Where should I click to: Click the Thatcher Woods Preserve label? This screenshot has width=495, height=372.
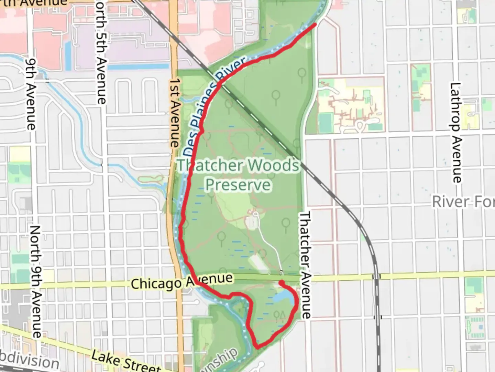pos(239,175)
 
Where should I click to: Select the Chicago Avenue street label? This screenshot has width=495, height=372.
pos(181,282)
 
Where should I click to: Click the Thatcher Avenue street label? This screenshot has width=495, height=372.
pos(305,265)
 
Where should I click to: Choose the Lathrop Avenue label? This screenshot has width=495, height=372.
pos(456,133)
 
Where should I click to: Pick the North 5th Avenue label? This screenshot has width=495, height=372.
pos(101,52)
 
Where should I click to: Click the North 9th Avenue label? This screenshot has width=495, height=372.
pos(36,281)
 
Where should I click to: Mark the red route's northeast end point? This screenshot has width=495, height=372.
pos(315,24)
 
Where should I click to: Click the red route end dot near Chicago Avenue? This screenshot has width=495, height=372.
pos(281,283)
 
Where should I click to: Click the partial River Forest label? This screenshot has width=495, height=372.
pos(463,202)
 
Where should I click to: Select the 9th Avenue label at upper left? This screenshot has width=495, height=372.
pos(31,93)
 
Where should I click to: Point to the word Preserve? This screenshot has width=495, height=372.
pos(239,185)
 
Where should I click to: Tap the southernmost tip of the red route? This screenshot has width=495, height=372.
pos(258,347)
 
